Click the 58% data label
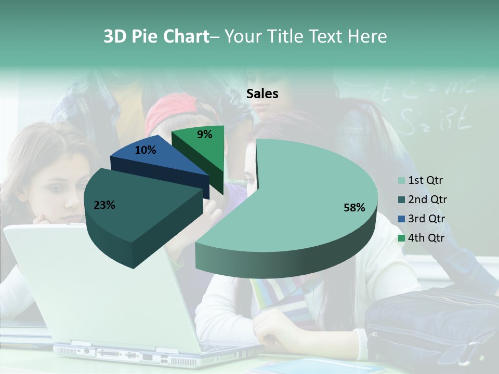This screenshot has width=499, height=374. [x=354, y=208]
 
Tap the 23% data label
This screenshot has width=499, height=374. [x=104, y=205]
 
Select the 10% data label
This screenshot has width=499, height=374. [x=146, y=150]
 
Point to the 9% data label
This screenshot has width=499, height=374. [x=205, y=135]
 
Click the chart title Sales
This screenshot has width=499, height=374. [x=262, y=94]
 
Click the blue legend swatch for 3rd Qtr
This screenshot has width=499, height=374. [x=401, y=219]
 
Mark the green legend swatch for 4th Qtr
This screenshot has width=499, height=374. [x=401, y=238]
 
